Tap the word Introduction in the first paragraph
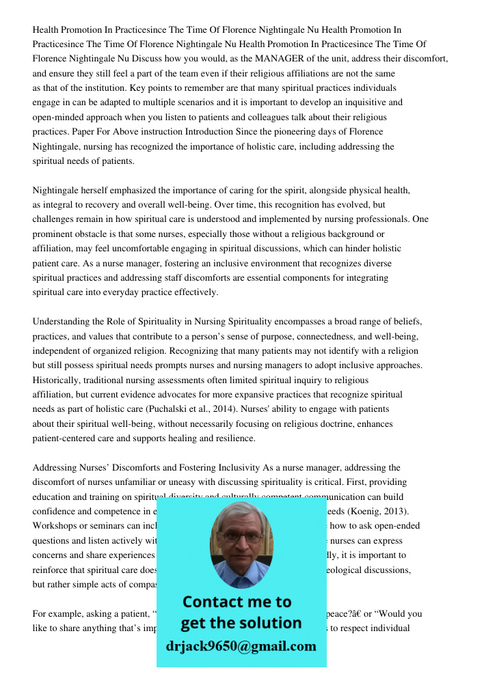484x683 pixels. pos(205,132)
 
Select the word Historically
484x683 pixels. pos(57,380)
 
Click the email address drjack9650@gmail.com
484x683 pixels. pos(241,645)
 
